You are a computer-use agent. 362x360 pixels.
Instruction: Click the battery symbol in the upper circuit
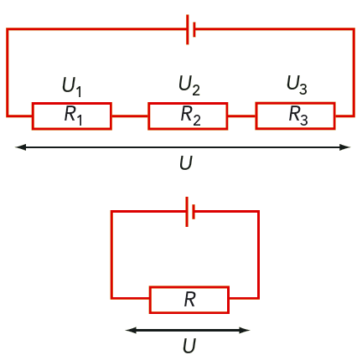(190, 29)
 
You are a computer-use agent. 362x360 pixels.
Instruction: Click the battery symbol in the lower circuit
(190, 212)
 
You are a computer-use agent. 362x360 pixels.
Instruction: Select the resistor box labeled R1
(72, 116)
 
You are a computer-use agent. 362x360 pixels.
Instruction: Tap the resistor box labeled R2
(188, 116)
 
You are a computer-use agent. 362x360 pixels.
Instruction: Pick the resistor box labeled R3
(295, 116)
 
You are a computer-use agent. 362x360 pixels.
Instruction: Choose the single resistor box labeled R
(189, 300)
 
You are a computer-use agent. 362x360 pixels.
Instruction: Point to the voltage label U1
(72, 86)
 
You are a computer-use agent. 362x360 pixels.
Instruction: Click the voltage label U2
(189, 85)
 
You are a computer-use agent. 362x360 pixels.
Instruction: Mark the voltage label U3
(297, 85)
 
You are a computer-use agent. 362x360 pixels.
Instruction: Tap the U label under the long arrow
(186, 162)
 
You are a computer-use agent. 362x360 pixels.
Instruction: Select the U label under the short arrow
(189, 346)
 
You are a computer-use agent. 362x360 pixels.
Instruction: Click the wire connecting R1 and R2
(130, 116)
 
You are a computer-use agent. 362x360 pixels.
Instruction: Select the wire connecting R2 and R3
(241, 116)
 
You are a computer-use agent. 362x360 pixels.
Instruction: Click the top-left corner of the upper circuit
(8, 29)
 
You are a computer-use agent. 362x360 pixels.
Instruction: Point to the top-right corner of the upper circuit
(354, 29)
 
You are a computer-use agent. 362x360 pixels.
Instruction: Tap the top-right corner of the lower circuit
(258, 212)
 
